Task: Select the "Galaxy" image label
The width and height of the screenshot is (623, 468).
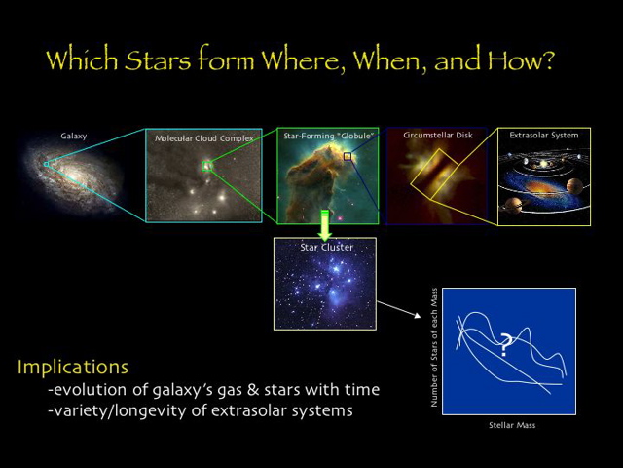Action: (74, 136)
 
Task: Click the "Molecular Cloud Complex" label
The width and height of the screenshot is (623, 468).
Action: (204, 138)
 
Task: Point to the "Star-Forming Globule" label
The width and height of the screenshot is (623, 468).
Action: (328, 136)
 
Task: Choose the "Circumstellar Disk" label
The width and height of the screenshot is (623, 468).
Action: (438, 136)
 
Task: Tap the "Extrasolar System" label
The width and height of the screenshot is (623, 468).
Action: (544, 136)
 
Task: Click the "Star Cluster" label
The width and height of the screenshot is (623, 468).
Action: (326, 248)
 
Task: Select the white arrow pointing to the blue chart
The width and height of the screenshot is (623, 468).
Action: (400, 311)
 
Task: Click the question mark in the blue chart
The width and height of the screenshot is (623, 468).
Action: (506, 343)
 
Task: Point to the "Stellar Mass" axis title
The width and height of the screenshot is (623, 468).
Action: (511, 425)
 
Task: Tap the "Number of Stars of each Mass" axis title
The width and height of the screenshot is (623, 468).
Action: (435, 351)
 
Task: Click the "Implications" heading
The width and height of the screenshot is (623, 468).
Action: (73, 368)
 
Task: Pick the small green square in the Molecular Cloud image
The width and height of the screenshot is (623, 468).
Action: (206, 166)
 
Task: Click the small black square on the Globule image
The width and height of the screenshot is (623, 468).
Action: (347, 156)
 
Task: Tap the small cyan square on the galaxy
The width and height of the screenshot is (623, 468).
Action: (45, 164)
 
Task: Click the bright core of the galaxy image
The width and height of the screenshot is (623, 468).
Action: (78, 175)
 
